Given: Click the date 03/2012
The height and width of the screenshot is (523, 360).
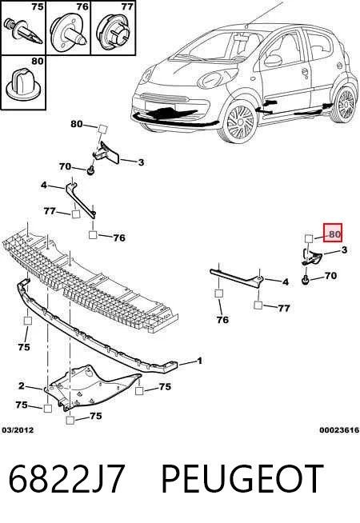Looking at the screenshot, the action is pyautogui.click(x=18, y=430).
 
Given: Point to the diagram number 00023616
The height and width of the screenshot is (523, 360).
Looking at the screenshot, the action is pyautogui.click(x=339, y=430).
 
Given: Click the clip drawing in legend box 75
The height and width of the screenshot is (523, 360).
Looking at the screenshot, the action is pyautogui.click(x=23, y=31).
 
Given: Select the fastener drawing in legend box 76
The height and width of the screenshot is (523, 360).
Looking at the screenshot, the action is pyautogui.click(x=68, y=32).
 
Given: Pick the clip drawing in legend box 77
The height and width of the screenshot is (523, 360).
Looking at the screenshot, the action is pyautogui.click(x=113, y=31).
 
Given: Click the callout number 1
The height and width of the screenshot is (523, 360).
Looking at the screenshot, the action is pyautogui.click(x=199, y=361).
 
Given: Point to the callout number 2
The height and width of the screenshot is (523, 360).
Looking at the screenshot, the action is pyautogui.click(x=22, y=386).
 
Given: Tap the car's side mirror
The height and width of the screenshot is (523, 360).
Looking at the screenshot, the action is pyautogui.click(x=273, y=61).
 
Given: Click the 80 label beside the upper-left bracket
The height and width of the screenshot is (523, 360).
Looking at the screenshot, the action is pyautogui.click(x=77, y=124).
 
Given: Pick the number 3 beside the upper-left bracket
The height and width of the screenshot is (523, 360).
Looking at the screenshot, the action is pyautogui.click(x=141, y=162).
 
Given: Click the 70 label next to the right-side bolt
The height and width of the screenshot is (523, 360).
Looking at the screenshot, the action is pyautogui.click(x=330, y=276).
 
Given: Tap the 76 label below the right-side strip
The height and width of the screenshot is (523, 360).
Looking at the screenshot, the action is pyautogui.click(x=222, y=320).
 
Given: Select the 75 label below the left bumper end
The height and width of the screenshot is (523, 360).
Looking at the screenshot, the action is pyautogui.click(x=24, y=347).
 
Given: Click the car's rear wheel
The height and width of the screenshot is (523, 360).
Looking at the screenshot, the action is pyautogui.click(x=344, y=104).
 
